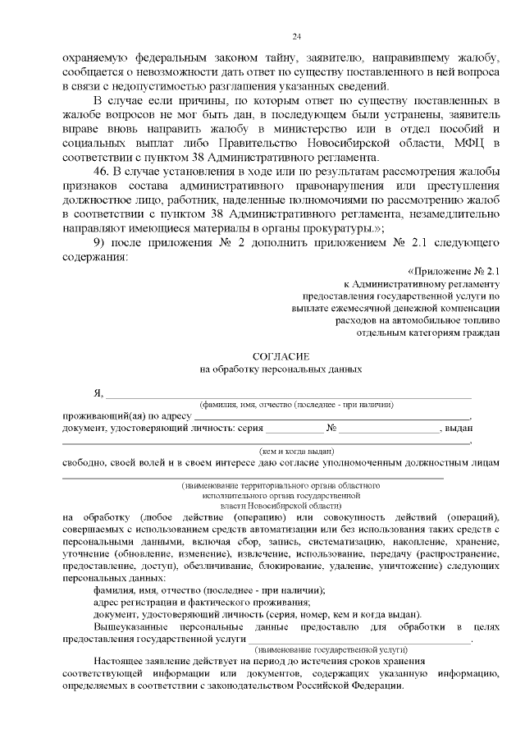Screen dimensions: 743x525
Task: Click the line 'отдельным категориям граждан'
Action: pyautogui.click(x=427, y=333)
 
